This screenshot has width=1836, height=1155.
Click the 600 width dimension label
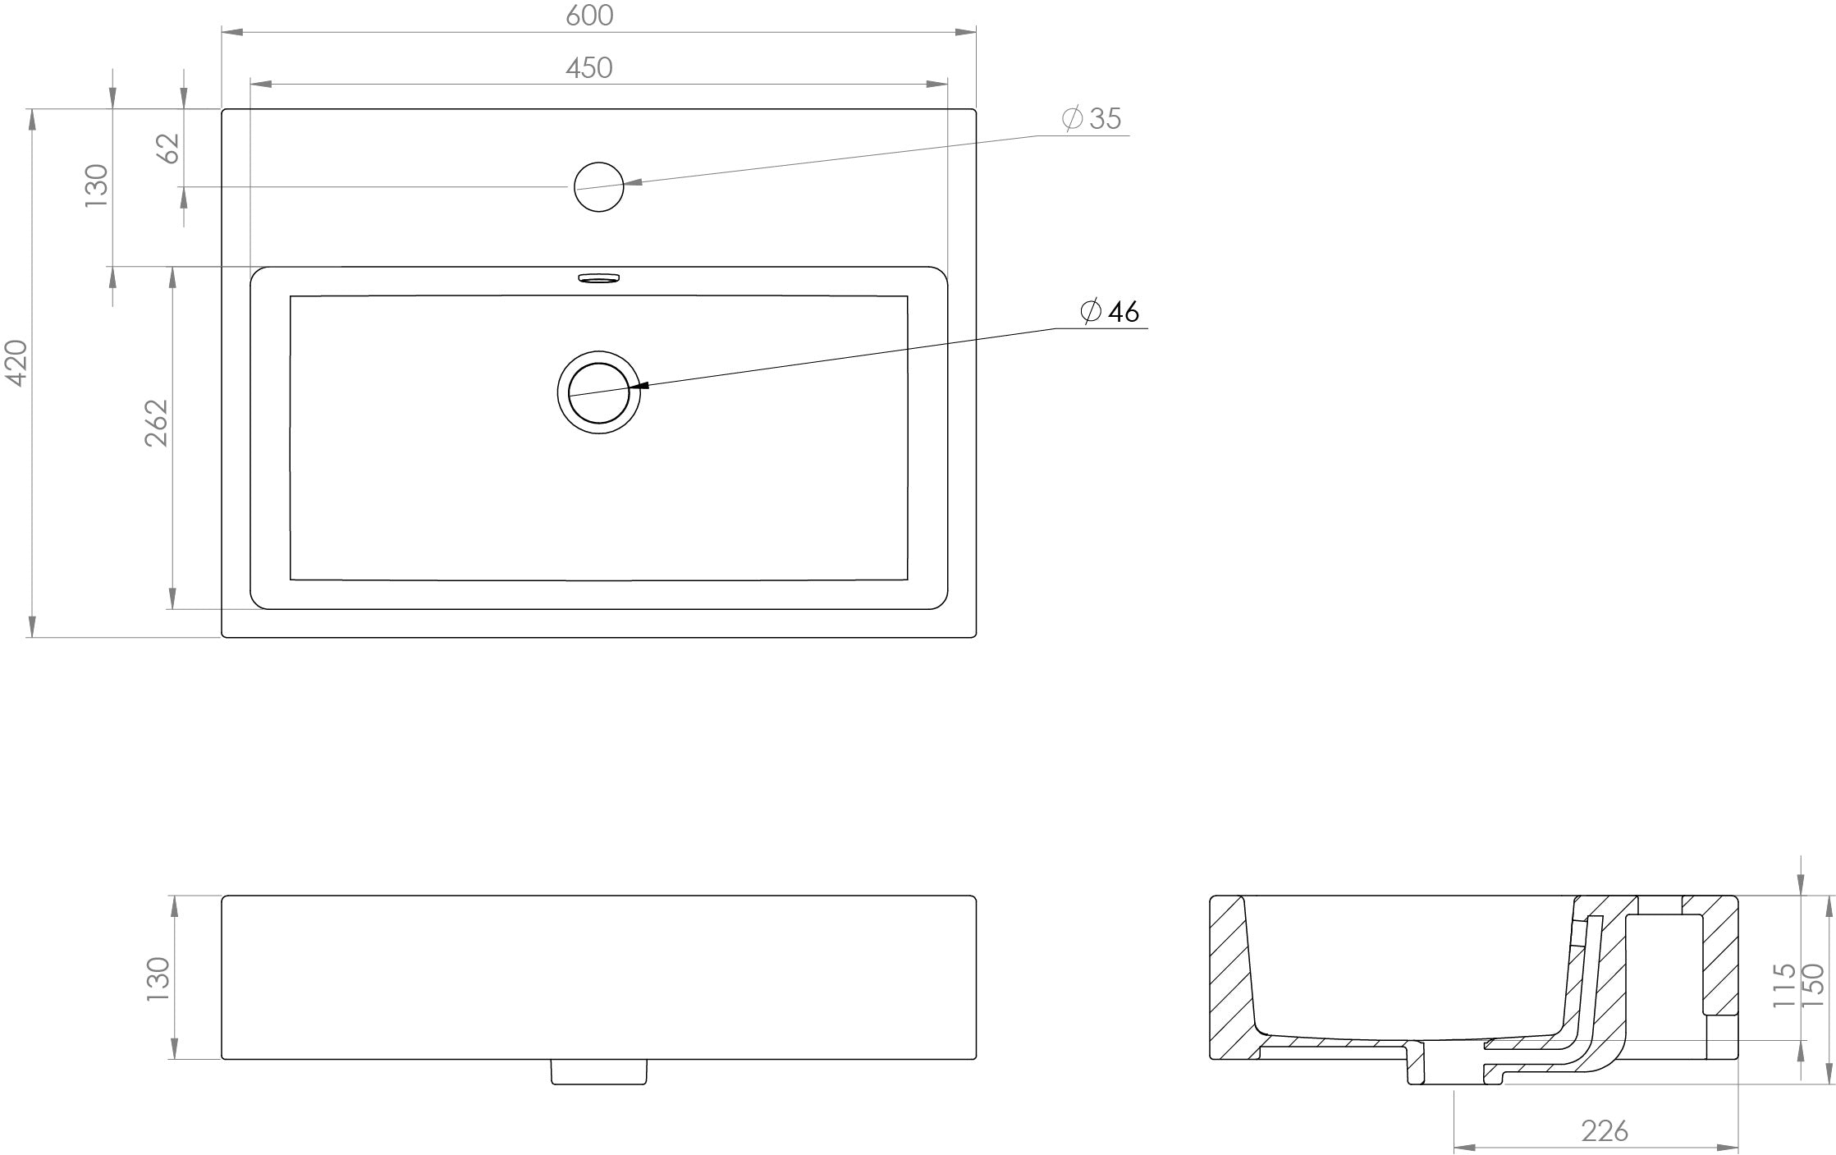(x=589, y=16)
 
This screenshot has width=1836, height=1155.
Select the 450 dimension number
(x=589, y=67)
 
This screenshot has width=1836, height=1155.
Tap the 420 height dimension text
(x=17, y=362)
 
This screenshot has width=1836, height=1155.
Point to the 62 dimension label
(x=168, y=148)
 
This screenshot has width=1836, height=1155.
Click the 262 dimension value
(x=156, y=423)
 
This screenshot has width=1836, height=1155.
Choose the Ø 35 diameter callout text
(x=1092, y=119)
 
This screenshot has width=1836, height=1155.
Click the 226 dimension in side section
(x=1605, y=1131)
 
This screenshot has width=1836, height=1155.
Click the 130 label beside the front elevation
(x=157, y=978)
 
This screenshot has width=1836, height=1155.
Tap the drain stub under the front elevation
(x=599, y=1071)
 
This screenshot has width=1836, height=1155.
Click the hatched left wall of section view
(x=1230, y=985)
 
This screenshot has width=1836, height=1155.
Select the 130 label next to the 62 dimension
(x=97, y=186)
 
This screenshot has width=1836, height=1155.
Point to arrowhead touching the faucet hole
(x=632, y=184)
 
